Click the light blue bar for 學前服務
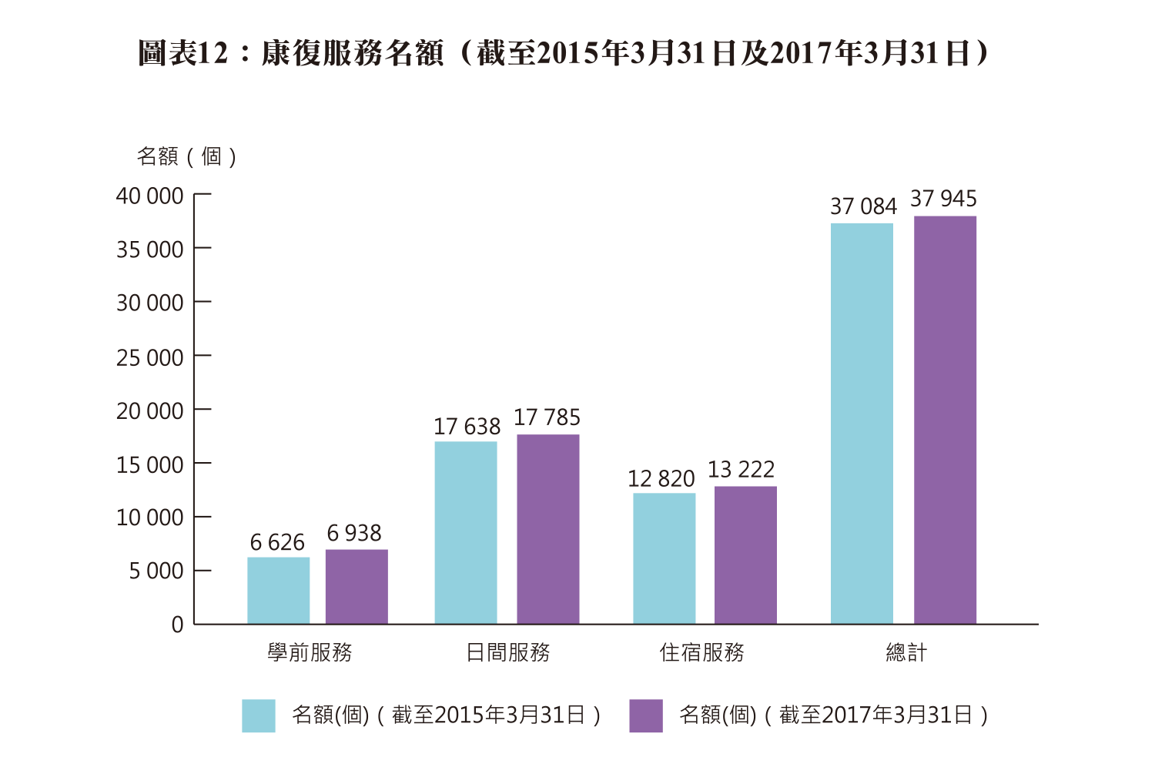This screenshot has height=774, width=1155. pyautogui.click(x=278, y=590)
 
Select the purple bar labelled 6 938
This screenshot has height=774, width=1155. pyautogui.click(x=357, y=586)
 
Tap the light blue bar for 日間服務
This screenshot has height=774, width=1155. pyautogui.click(x=465, y=532)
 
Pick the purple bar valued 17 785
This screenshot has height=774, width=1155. pyautogui.click(x=547, y=529)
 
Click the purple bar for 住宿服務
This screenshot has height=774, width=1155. pyautogui.click(x=745, y=555)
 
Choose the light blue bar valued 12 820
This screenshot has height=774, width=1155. pyautogui.click(x=664, y=558)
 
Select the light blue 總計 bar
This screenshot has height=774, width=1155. pyautogui.click(x=862, y=424)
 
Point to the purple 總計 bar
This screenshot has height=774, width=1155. pyautogui.click(x=945, y=420)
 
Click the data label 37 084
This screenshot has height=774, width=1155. pyautogui.click(x=863, y=206)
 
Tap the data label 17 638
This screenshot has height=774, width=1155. pyautogui.click(x=467, y=427)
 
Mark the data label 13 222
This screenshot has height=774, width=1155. pyautogui.click(x=741, y=470)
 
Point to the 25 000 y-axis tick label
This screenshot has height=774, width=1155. pyautogui.click(x=149, y=357)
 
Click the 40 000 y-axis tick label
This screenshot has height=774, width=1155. pyautogui.click(x=149, y=196)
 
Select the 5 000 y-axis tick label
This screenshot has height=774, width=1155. pyautogui.click(x=156, y=571)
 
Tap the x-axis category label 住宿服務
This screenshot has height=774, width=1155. pyautogui.click(x=701, y=653)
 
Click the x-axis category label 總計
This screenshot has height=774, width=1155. pyautogui.click(x=906, y=653)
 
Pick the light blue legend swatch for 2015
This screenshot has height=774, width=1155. pyautogui.click(x=258, y=715)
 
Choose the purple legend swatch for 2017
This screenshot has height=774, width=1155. pyautogui.click(x=645, y=715)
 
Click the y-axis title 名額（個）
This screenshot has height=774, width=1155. pyautogui.click(x=186, y=157)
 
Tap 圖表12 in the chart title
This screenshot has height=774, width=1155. pyautogui.click(x=183, y=53)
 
